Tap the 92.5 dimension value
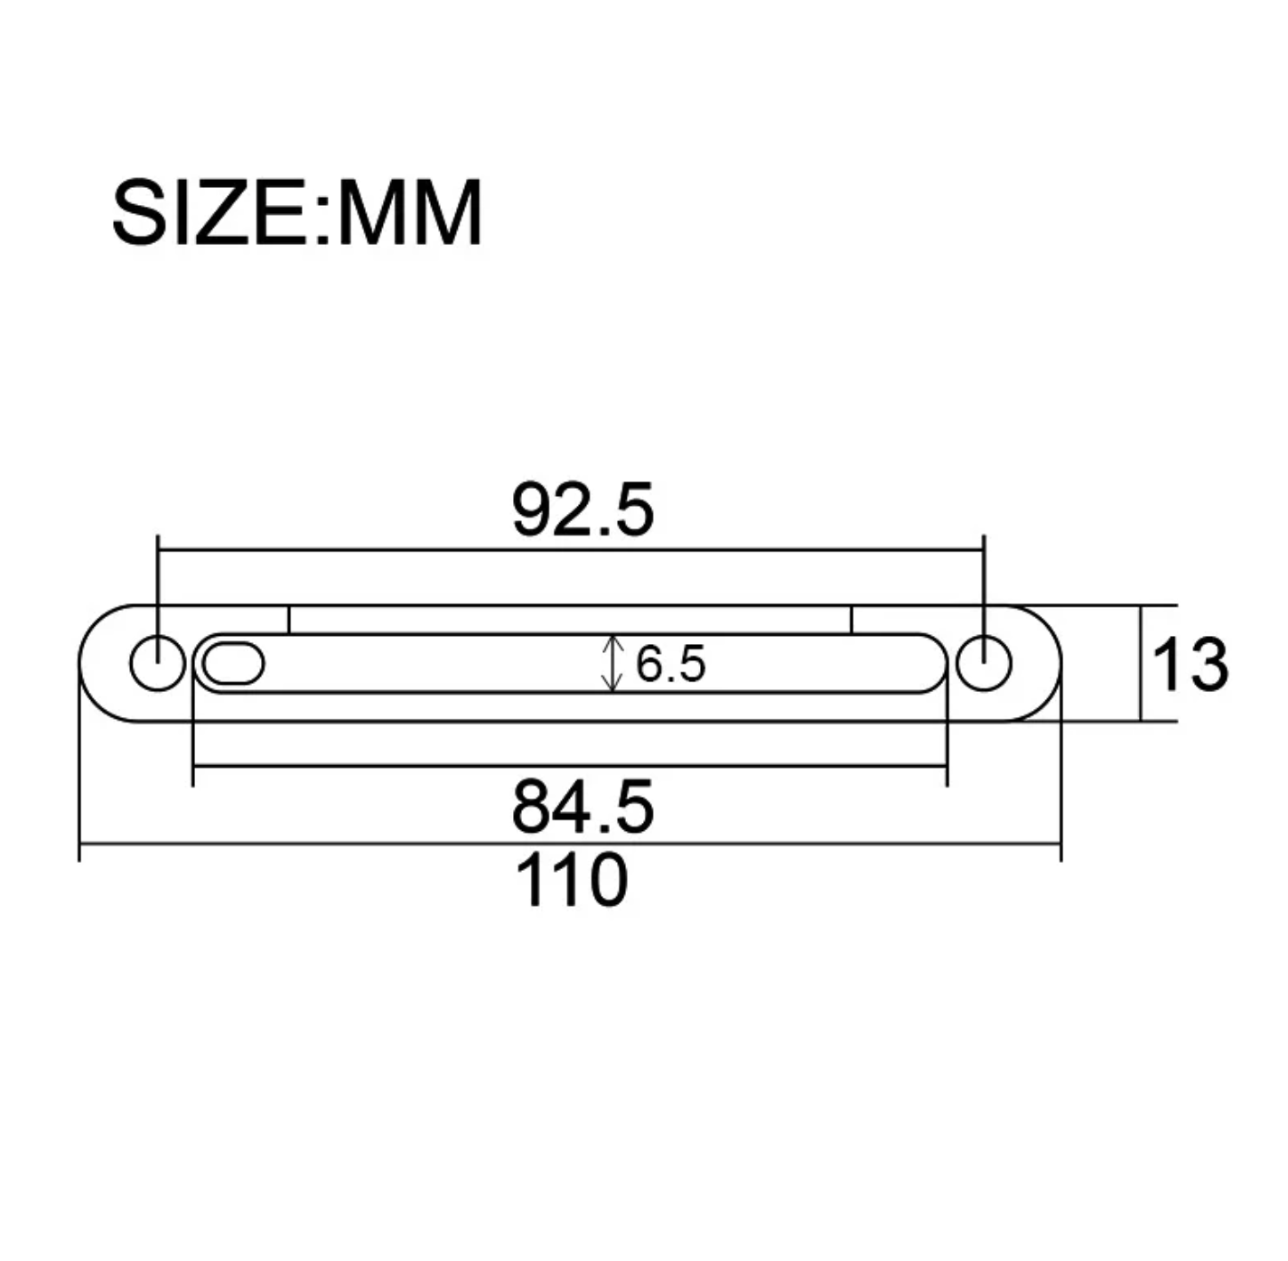click(x=582, y=510)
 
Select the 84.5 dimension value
click(x=582, y=807)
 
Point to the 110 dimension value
click(x=571, y=881)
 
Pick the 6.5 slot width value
click(x=670, y=665)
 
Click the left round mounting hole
click(x=158, y=664)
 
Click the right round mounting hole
click(x=984, y=664)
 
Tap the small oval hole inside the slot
click(x=233, y=664)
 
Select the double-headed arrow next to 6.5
click(x=613, y=664)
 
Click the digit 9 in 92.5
click(x=533, y=510)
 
